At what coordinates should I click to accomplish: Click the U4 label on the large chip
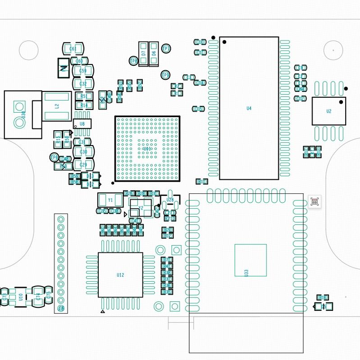click(249, 108)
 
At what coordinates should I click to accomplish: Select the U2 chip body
click(329, 111)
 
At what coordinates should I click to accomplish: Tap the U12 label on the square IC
click(120, 275)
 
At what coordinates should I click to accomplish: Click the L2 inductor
click(57, 106)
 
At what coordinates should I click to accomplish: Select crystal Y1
click(110, 200)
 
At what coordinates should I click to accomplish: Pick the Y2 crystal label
click(141, 208)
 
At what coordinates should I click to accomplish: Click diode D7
click(143, 53)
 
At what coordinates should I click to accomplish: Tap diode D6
click(154, 53)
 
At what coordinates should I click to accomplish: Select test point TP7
click(166, 49)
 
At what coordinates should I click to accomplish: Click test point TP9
click(165, 75)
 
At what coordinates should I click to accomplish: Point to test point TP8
click(133, 61)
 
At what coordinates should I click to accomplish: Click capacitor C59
click(83, 71)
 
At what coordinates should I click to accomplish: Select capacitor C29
click(83, 165)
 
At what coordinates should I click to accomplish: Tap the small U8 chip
click(82, 123)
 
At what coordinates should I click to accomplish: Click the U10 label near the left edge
click(21, 297)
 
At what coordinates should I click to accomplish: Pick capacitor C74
click(38, 296)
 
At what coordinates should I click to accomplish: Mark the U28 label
click(170, 200)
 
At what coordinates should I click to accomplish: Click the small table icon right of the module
click(314, 201)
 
